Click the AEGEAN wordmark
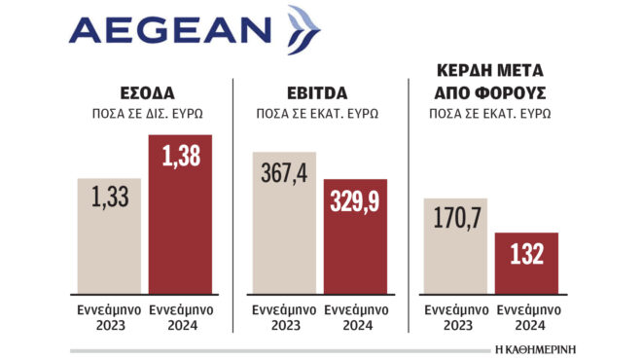(171, 32)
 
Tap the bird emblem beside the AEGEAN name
(303, 29)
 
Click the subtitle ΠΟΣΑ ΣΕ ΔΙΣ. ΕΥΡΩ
(147, 112)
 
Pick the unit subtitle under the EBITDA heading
(320, 112)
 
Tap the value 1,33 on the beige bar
(110, 198)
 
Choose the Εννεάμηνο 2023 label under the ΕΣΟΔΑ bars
(110, 318)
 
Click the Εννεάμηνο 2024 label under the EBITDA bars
(355, 318)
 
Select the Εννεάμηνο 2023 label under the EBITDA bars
(284, 318)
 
